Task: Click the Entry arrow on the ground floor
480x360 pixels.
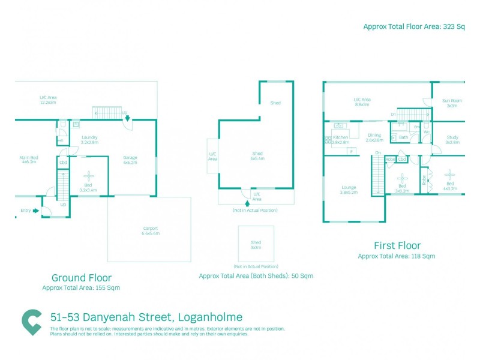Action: (x=37, y=210)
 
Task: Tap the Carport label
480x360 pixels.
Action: (x=150, y=231)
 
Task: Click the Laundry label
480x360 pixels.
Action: (x=89, y=140)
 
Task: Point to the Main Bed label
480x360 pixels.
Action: (x=28, y=160)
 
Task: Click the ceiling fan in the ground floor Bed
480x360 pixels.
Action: (x=89, y=175)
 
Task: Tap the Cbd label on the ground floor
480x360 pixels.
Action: (x=63, y=162)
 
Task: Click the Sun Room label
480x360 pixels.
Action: (x=451, y=103)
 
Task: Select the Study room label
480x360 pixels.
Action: (x=452, y=140)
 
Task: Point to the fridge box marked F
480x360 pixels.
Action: (x=351, y=151)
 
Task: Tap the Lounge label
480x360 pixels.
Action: (x=349, y=189)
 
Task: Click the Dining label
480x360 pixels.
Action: (x=374, y=137)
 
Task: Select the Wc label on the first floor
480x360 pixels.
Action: (x=426, y=133)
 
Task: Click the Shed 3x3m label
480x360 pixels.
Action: (x=256, y=244)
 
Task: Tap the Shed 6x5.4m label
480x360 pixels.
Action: (x=257, y=157)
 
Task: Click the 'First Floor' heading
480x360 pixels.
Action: (x=397, y=245)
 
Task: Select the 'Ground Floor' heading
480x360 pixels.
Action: (x=81, y=278)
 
